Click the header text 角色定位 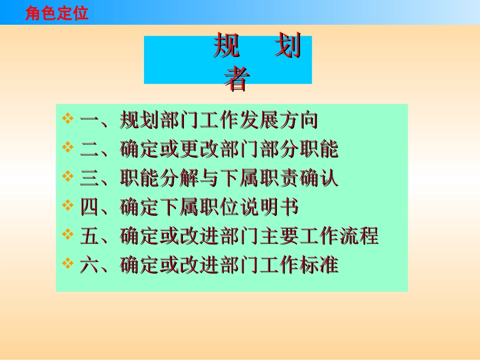pos(57,13)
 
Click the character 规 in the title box pos(226,47)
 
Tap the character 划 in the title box pos(287,47)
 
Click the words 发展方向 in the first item pos(278,121)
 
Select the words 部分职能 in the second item pos(299,149)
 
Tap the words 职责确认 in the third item pos(299,178)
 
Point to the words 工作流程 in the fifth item pos(338,236)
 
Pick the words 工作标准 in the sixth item pos(299,265)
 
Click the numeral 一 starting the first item pos(89,121)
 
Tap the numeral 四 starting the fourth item pos(89,207)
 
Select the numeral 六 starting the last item pos(89,265)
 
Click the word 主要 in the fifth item pos(278,236)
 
